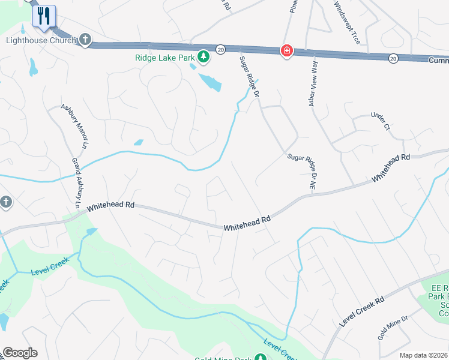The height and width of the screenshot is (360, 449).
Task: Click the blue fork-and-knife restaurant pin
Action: click(44, 16)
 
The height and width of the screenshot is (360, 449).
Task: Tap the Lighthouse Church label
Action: click(41, 41)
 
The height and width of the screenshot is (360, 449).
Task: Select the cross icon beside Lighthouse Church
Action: click(85, 41)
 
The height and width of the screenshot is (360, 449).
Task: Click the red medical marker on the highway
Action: click(287, 51)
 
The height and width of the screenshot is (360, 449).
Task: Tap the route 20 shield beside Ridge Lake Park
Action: click(220, 50)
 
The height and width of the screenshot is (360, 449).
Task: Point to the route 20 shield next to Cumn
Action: click(393, 58)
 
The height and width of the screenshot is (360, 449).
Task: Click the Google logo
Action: click(20, 353)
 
